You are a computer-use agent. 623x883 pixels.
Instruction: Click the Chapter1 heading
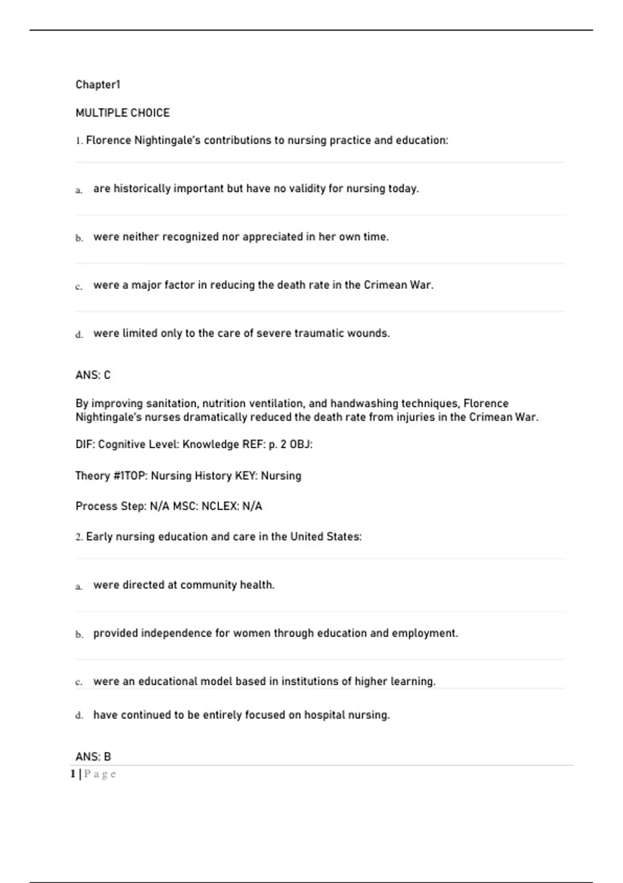click(x=98, y=85)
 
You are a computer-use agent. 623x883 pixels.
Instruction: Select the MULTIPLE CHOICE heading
click(x=123, y=113)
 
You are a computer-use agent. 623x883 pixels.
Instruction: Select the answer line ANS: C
click(x=93, y=375)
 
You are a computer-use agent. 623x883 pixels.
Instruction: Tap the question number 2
click(x=78, y=537)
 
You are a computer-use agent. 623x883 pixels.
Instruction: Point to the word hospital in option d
click(x=323, y=715)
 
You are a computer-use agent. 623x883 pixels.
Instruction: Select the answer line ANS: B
click(x=93, y=757)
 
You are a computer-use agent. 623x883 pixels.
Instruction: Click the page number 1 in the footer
click(x=73, y=774)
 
